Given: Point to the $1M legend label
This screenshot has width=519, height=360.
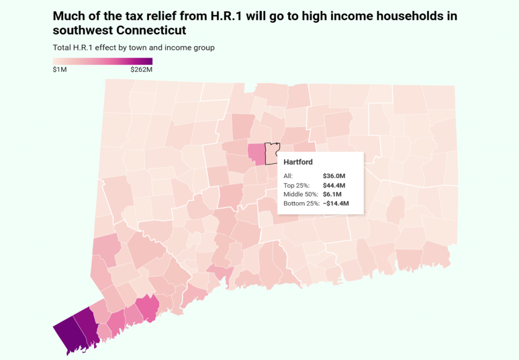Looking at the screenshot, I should coord(60,69).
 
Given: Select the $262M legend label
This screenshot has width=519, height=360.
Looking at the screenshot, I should coord(141,69).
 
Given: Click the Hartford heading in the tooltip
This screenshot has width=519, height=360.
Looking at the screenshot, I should coord(298,162).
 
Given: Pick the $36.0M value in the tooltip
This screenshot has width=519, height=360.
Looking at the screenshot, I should coord(334,176).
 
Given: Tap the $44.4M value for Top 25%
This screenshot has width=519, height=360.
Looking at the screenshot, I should coord(335,185).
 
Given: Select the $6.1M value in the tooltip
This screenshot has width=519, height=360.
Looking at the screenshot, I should coord(332,194).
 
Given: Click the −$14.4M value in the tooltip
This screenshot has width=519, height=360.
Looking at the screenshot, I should coord(336,203).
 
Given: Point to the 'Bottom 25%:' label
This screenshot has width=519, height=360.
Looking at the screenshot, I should coord(302,203).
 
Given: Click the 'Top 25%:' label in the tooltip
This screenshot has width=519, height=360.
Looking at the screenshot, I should coord(297,185).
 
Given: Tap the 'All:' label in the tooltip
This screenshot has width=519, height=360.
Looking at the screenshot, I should coord(288,176).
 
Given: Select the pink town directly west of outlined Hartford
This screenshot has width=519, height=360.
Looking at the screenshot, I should coord(256,155).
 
